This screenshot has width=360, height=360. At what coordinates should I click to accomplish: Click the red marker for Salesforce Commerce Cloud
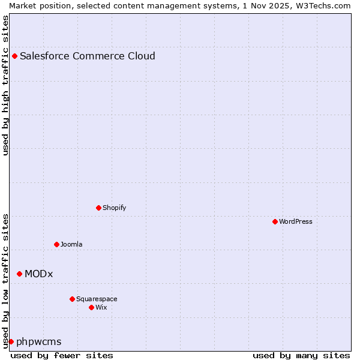click(14, 56)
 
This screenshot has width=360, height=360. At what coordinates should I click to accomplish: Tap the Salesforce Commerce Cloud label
click(88, 56)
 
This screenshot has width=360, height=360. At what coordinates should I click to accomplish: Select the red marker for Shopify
click(98, 208)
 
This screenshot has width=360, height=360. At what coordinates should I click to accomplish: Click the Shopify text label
click(114, 208)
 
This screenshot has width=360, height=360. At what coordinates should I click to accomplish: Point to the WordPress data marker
click(275, 222)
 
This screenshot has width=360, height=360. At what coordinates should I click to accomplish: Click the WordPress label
click(296, 222)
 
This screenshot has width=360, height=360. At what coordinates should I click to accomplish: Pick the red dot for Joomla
click(56, 245)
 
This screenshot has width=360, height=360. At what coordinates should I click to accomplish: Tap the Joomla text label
click(71, 245)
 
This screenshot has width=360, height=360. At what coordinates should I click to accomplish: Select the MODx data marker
click(19, 274)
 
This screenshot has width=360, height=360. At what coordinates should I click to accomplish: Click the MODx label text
click(39, 274)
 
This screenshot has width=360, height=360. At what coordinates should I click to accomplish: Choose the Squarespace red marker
click(72, 299)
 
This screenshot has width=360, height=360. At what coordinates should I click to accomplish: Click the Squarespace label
click(97, 299)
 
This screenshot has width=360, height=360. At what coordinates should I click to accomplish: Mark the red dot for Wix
click(91, 308)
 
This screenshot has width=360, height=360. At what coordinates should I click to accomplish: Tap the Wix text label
click(101, 308)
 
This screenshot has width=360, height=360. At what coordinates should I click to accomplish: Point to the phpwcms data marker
click(11, 342)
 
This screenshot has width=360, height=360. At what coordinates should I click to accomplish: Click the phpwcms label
click(39, 342)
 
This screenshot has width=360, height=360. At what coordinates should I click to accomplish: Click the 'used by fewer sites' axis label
click(62, 356)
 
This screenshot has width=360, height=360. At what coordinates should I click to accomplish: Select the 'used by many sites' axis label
click(301, 356)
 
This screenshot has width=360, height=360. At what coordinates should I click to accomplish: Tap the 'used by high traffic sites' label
click(5, 85)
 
